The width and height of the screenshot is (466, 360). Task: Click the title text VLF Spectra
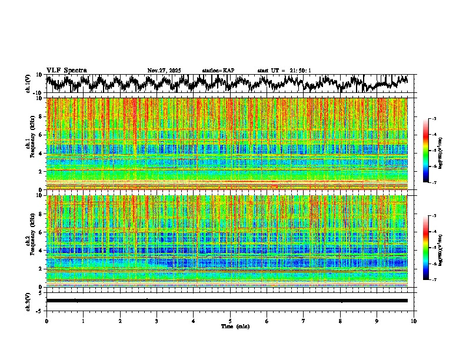click(66, 70)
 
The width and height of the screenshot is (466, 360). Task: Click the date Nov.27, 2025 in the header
click(164, 71)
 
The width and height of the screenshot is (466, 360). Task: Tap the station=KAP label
click(218, 71)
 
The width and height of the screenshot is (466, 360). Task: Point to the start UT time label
click(284, 71)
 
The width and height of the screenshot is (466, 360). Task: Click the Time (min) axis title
click(234, 326)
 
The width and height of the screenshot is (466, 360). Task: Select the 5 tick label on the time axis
click(230, 321)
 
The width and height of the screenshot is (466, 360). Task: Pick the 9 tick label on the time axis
click(377, 321)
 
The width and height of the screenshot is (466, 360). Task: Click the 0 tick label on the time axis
click(46, 321)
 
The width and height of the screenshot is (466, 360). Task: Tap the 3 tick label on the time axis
click(157, 321)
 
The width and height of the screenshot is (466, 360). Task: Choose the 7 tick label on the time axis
click(304, 321)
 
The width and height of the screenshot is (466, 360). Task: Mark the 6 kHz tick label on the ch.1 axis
click(40, 135)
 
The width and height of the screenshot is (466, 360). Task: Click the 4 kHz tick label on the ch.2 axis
click(40, 250)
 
